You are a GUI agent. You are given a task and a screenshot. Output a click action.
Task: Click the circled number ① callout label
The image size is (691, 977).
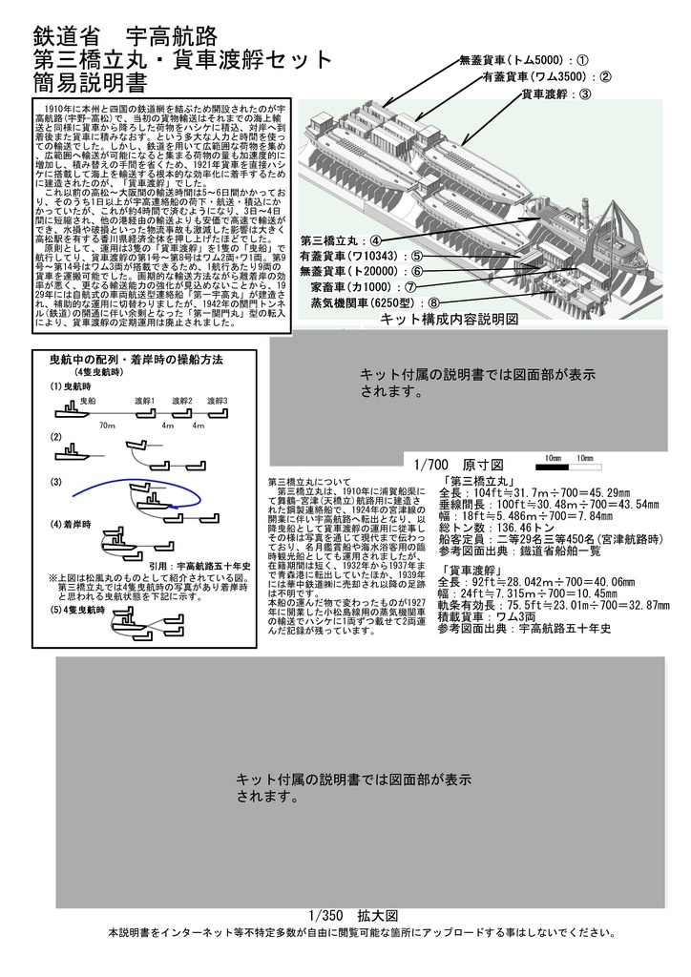(581, 60)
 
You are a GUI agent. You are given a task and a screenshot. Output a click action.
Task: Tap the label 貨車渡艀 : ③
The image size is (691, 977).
(556, 94)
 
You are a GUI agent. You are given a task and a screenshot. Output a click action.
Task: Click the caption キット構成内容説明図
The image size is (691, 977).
(462, 320)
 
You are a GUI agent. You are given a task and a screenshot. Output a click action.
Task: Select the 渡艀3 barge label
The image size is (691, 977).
(215, 401)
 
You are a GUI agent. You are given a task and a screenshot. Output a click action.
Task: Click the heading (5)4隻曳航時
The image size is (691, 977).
(80, 609)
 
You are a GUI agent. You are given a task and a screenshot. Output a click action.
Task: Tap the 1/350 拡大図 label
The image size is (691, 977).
(346, 914)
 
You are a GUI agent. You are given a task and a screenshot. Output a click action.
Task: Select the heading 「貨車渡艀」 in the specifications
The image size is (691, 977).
(473, 568)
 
